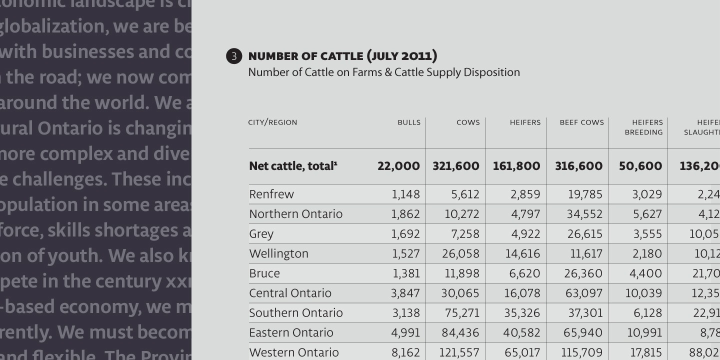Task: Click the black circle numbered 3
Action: pos(234,56)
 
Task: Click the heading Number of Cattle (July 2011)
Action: pos(342,55)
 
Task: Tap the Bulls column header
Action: pos(409,122)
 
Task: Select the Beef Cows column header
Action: pos(581,122)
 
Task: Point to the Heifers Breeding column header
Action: pos(643,127)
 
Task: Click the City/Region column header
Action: pos(272,122)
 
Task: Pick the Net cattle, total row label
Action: pos(293,166)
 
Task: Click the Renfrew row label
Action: pos(271,194)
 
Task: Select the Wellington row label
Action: pos(278,253)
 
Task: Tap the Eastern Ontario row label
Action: pos(291,332)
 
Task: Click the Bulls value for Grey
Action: pos(405,234)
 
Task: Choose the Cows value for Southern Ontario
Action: pos(462,313)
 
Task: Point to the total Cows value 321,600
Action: pos(455,166)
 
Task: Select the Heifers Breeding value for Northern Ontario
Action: pos(647,214)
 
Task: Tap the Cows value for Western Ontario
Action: pos(459,352)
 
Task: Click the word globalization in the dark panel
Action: pos(53,26)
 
